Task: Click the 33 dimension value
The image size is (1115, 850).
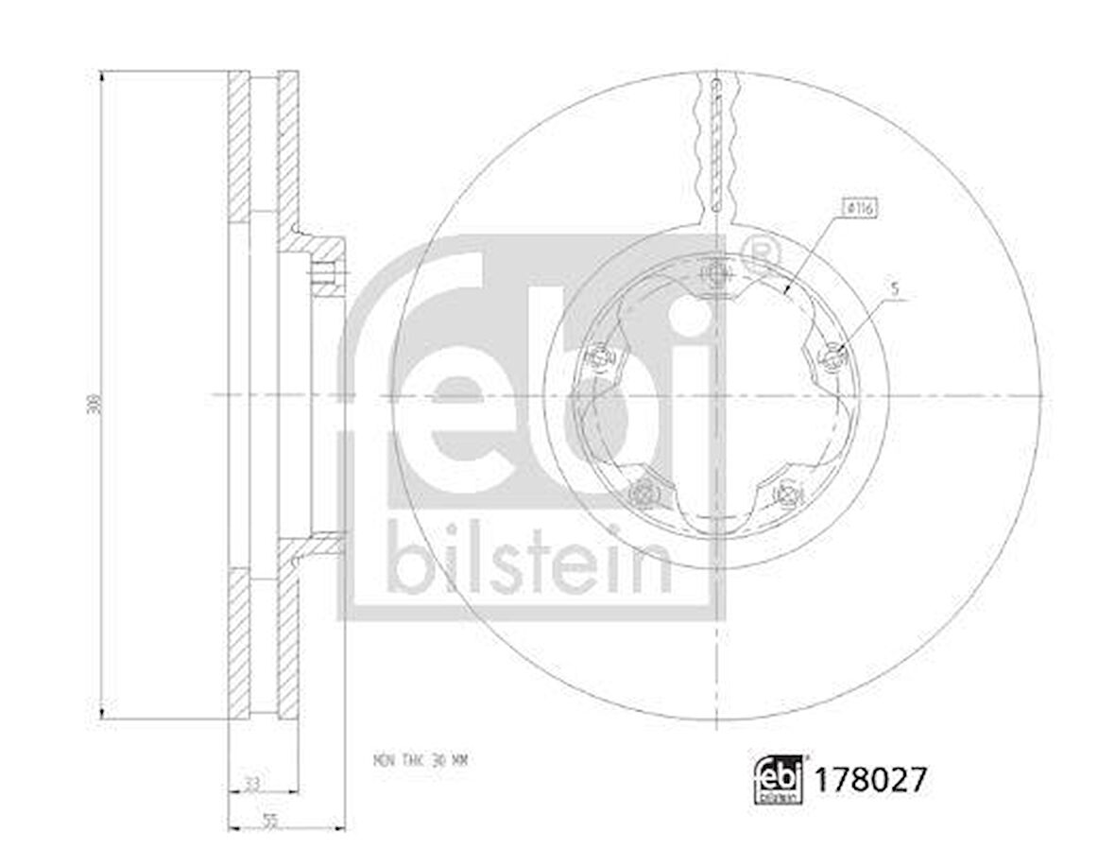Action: click(251, 783)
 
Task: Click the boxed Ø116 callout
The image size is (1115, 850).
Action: click(860, 207)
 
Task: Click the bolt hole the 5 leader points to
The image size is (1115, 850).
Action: click(832, 356)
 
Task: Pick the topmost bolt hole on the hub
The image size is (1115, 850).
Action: click(716, 275)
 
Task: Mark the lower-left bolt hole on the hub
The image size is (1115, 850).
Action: click(644, 492)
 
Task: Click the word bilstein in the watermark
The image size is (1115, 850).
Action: click(529, 557)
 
